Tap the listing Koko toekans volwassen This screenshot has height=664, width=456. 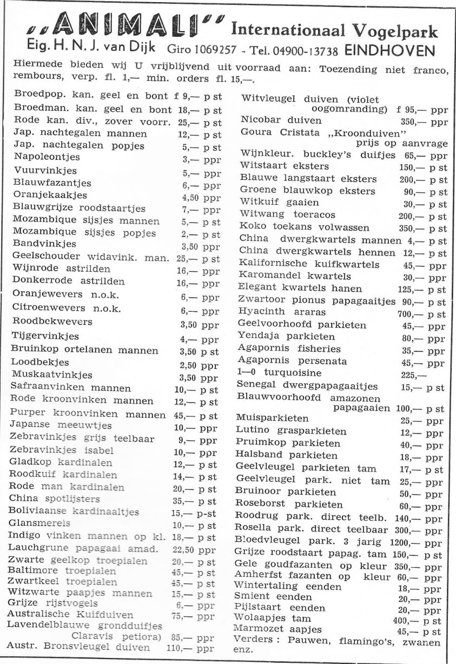point(305,227)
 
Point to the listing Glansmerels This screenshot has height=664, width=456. point(39,524)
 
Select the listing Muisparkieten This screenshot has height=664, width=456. point(272,418)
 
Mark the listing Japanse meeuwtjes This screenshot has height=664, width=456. point(61,426)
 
